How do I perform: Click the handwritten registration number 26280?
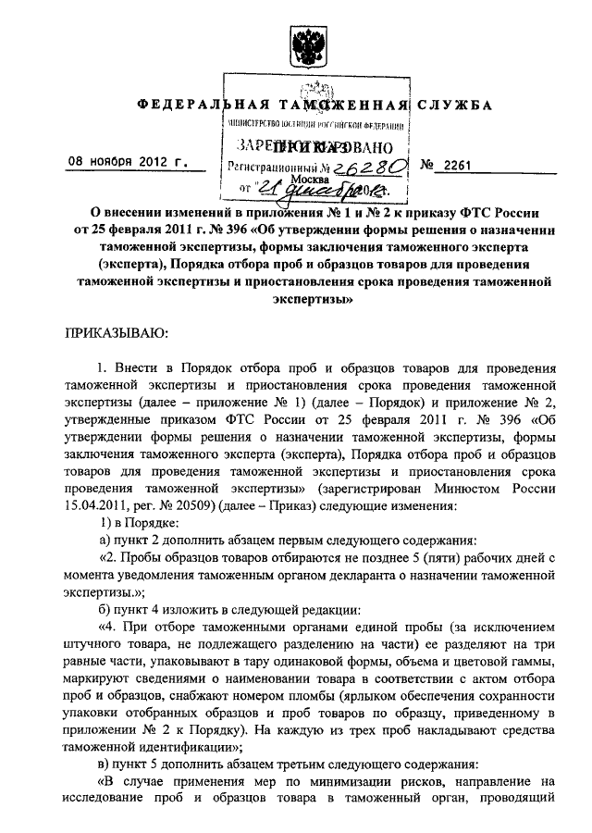tap(370, 166)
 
